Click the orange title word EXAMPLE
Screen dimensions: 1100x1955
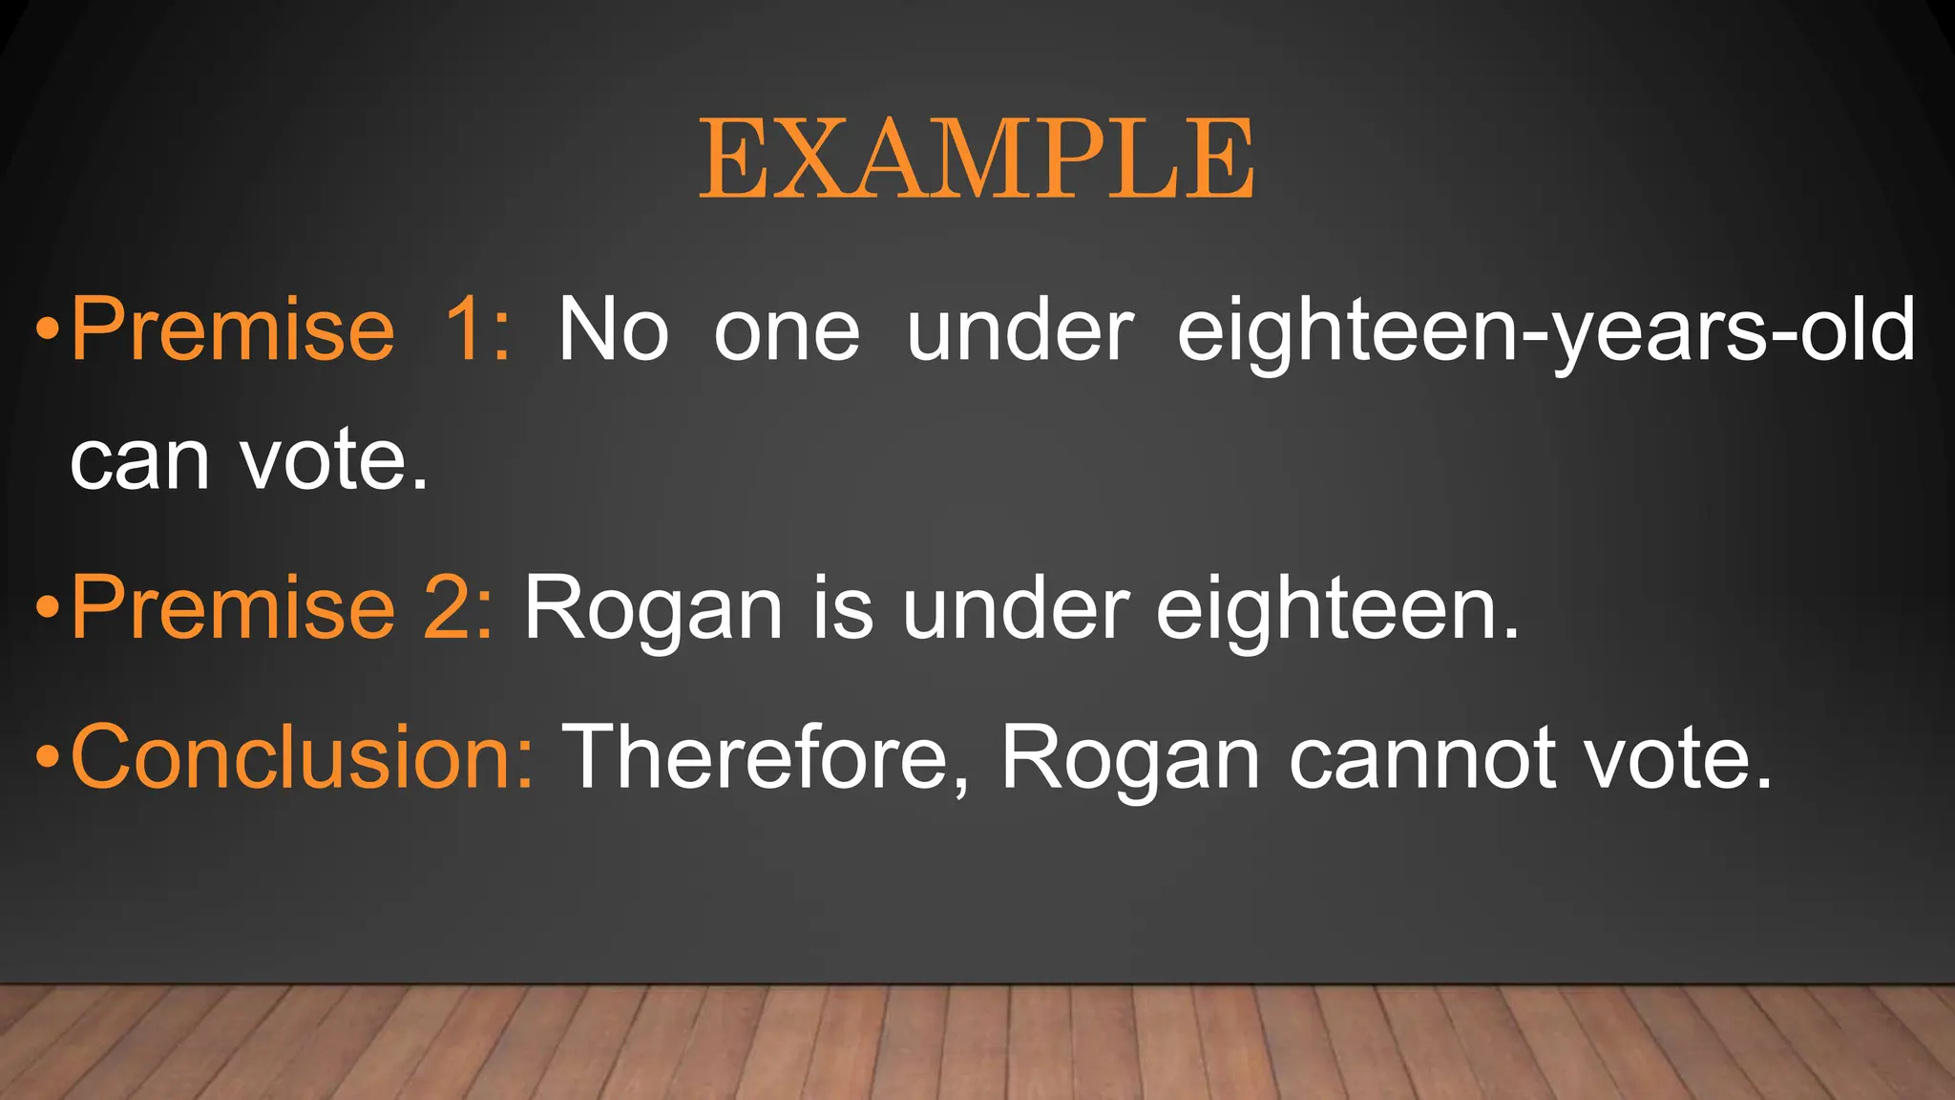pyautogui.click(x=977, y=159)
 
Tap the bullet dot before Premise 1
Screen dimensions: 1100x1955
pyautogui.click(x=48, y=330)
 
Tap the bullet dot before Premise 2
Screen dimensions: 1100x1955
pyautogui.click(x=48, y=607)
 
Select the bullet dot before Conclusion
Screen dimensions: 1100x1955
pyautogui.click(x=48, y=757)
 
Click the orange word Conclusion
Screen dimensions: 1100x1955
pyautogui.click(x=302, y=756)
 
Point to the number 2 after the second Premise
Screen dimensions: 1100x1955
pyautogui.click(x=457, y=607)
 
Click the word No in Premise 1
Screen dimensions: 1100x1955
pyautogui.click(x=613, y=330)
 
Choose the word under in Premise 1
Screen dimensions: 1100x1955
pyautogui.click(x=1020, y=330)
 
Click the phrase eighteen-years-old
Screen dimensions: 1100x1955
pyautogui.click(x=1545, y=330)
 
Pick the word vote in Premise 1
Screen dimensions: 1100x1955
pyautogui.click(x=333, y=461)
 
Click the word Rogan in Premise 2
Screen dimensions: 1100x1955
pyautogui.click(x=653, y=609)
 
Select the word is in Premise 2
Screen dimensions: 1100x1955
pyautogui.click(x=842, y=607)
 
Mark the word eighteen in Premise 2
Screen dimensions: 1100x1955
pyautogui.click(x=1336, y=609)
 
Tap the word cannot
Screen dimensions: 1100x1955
pyautogui.click(x=1422, y=758)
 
